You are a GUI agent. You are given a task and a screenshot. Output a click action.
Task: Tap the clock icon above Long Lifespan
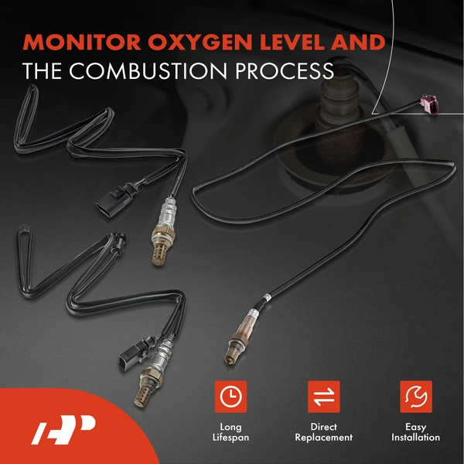(230, 397)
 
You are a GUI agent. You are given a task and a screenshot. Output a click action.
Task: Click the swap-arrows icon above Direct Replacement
(324, 397)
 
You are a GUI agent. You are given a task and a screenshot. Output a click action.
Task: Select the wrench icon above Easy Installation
(417, 397)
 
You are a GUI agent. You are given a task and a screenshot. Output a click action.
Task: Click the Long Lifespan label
(230, 432)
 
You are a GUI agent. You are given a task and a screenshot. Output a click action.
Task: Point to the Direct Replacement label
(324, 432)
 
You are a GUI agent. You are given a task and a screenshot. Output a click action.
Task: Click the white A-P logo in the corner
(63, 430)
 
